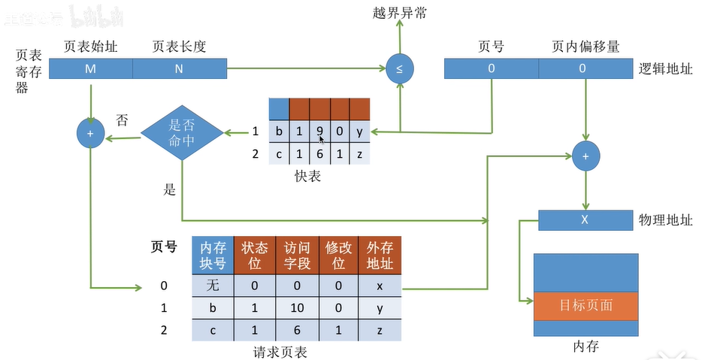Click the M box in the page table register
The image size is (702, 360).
pos(91,69)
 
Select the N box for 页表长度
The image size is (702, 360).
pos(180,69)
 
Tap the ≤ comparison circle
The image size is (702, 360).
pos(399,69)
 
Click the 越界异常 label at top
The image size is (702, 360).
pos(398,13)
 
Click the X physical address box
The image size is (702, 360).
pos(585,220)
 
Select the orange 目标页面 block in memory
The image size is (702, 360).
pos(586,305)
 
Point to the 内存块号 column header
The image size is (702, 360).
pos(212,255)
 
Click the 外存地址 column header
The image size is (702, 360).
pos(380,255)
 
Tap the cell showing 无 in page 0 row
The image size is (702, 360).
pos(212,286)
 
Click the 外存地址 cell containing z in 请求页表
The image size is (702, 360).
pos(380,329)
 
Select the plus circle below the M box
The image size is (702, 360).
pos(90,134)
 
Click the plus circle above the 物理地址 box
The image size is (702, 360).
pos(585,156)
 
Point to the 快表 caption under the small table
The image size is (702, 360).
pos(308,177)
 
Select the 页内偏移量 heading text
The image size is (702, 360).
pos(586,47)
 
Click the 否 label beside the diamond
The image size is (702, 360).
pos(123,120)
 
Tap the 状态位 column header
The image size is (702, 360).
pos(254,255)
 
